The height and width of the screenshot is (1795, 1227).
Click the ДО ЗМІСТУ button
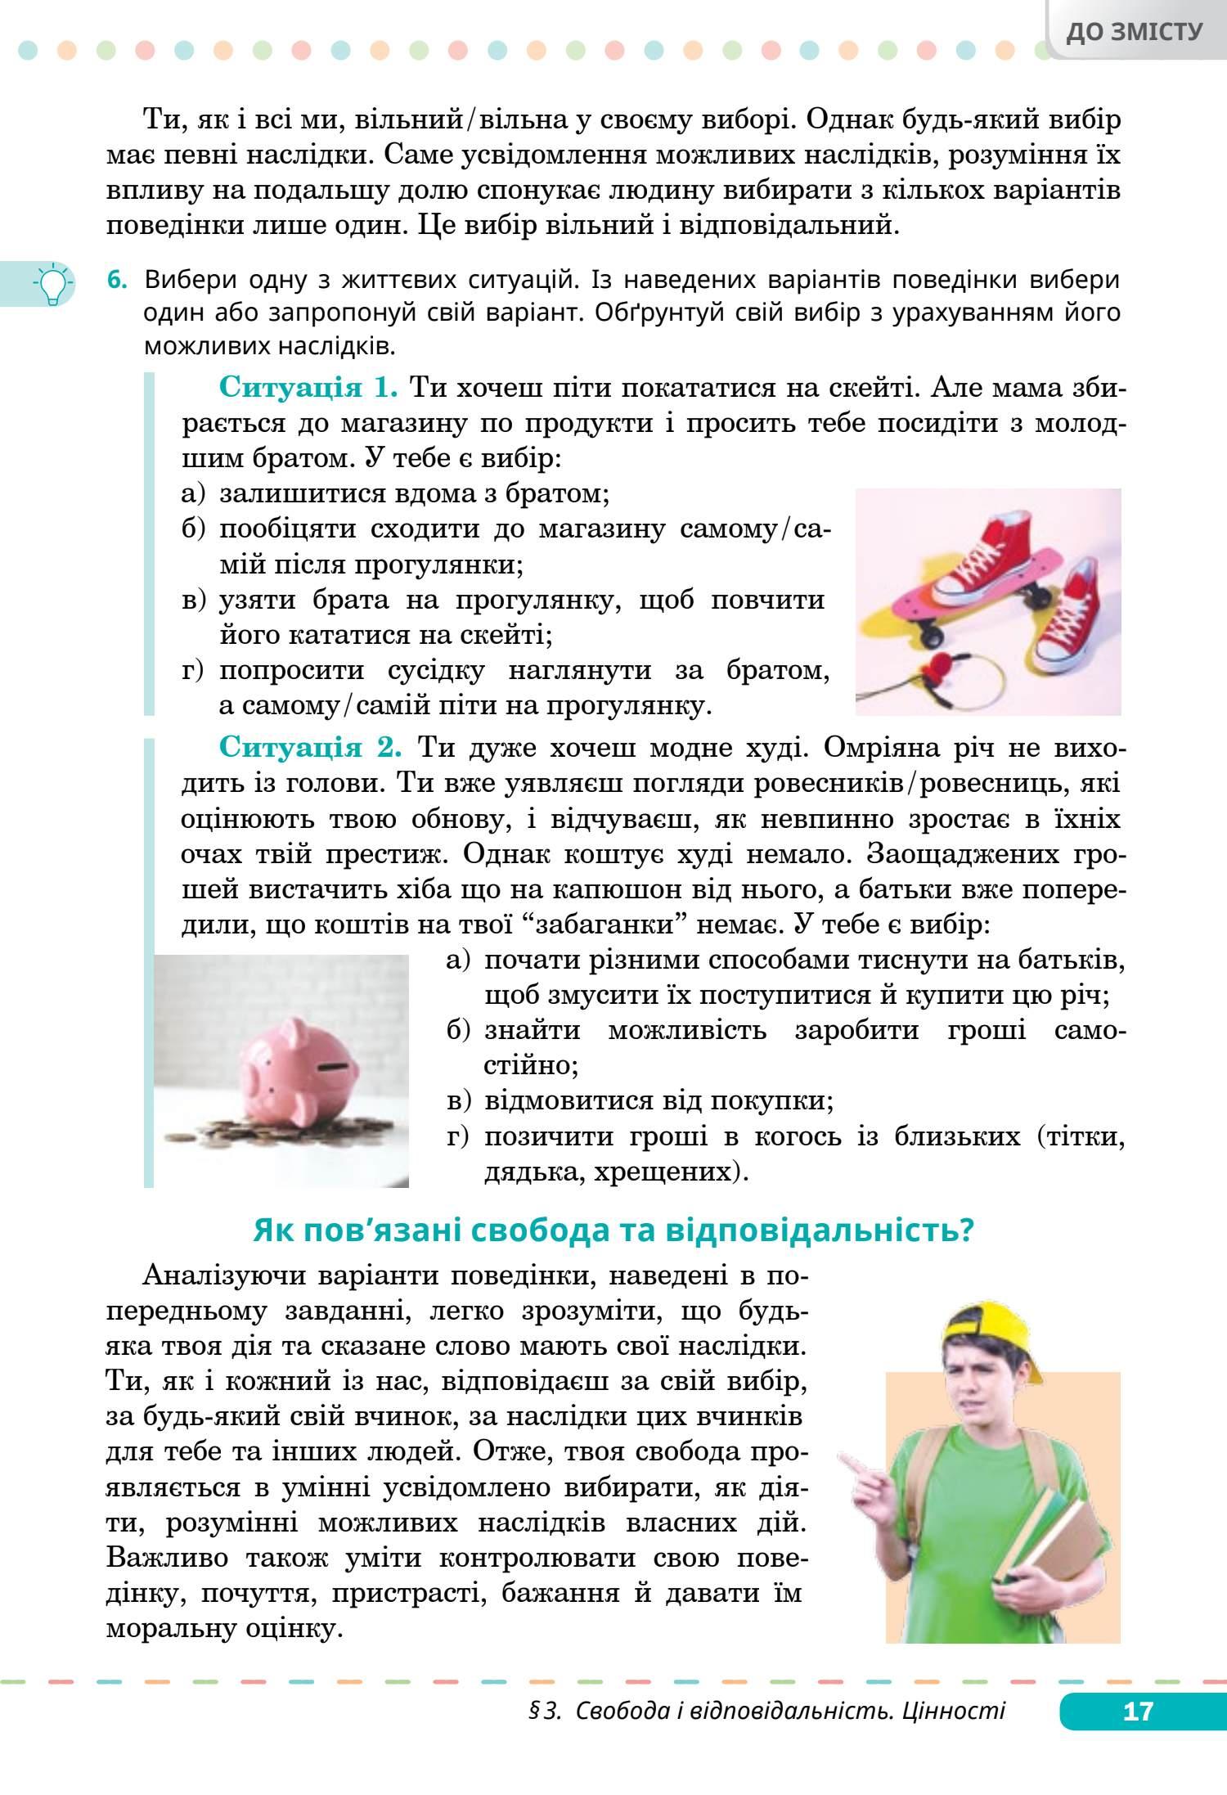click(x=1135, y=32)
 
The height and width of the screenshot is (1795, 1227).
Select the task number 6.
click(x=118, y=281)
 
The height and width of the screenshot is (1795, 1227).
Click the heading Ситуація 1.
click(x=308, y=387)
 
